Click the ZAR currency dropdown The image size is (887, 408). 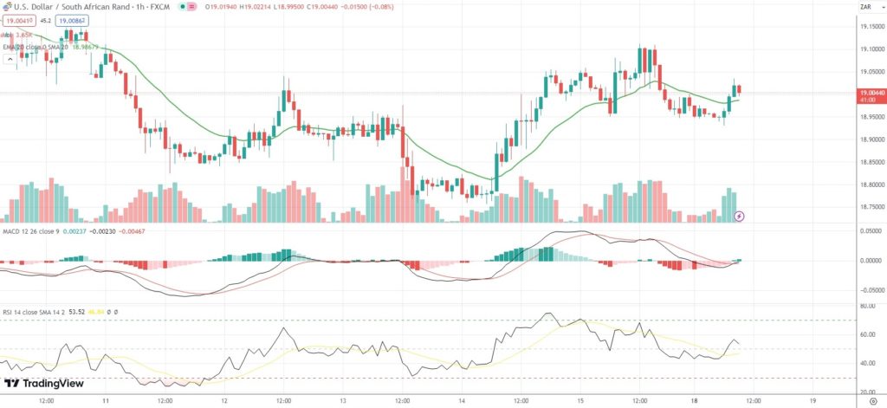864,7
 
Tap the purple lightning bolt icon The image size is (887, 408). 739,216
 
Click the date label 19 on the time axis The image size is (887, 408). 812,401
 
